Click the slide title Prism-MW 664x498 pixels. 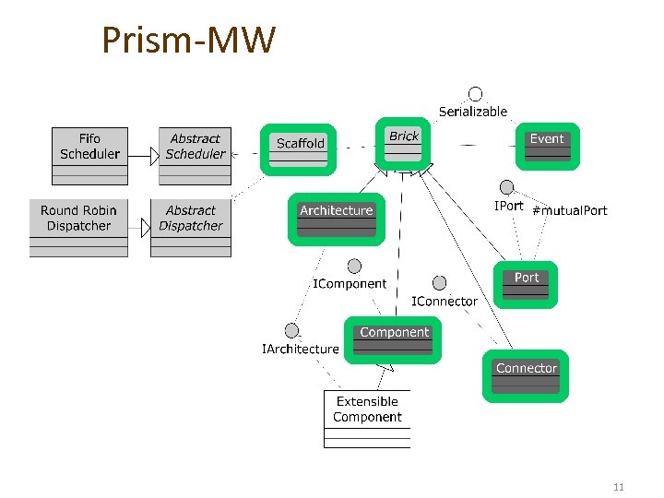(188, 41)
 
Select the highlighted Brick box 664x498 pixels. (403, 144)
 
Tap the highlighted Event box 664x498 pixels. (547, 146)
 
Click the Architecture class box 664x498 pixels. (336, 219)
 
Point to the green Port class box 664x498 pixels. (527, 284)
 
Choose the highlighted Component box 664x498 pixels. (394, 339)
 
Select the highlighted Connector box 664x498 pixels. (526, 375)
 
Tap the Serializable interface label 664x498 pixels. (472, 112)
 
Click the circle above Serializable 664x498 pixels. (475, 93)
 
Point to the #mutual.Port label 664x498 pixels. (570, 210)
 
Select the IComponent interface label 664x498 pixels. (350, 284)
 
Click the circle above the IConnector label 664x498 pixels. (440, 283)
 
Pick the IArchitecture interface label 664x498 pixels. (301, 349)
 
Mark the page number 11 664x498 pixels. (617, 486)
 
